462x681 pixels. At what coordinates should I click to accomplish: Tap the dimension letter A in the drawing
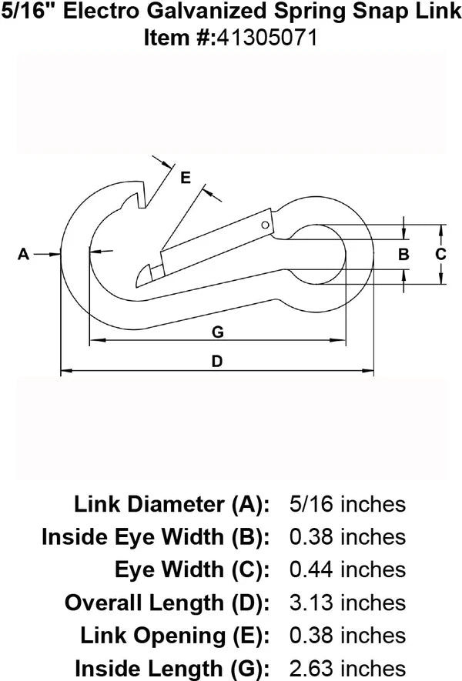23,253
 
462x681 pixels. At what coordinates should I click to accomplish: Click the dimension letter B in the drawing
403,255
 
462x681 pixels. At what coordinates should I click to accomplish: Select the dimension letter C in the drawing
440,254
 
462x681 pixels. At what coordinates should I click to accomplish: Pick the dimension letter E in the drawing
185,178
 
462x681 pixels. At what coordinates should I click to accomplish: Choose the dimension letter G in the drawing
217,332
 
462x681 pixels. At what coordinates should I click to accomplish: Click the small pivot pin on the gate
265,225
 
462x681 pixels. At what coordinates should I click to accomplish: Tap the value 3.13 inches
346,602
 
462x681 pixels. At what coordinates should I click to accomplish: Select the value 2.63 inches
346,667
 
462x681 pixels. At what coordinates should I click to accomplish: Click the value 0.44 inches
346,569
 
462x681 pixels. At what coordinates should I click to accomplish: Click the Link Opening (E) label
174,635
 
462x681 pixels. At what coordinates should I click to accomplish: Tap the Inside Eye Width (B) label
155,536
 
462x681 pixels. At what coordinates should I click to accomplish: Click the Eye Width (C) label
192,569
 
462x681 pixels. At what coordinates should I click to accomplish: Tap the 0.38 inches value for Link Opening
346,635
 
